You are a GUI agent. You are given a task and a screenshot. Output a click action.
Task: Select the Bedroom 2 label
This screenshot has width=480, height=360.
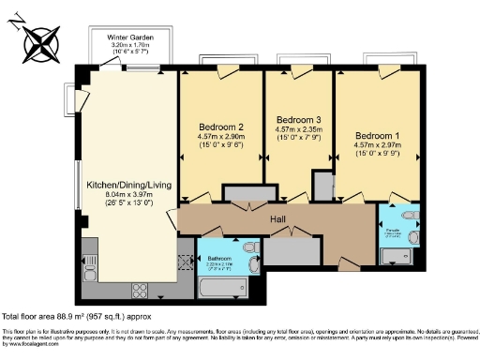(221, 127)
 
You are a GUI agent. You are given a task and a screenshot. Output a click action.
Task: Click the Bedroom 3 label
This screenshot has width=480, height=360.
(299, 119)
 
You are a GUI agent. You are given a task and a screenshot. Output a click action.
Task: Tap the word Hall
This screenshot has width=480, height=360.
(278, 219)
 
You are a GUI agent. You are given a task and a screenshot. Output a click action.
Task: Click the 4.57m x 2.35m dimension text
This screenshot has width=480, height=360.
(299, 130)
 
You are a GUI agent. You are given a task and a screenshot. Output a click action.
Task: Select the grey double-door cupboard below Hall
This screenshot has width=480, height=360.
(290, 250)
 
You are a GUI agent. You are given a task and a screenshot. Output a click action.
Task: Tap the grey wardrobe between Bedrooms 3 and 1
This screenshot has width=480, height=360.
(322, 185)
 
